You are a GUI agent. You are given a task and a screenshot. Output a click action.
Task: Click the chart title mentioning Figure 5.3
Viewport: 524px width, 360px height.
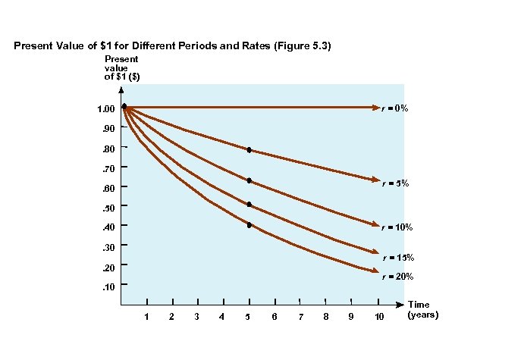click(x=173, y=46)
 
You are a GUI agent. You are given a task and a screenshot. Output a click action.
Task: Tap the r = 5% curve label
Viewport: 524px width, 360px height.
click(x=395, y=183)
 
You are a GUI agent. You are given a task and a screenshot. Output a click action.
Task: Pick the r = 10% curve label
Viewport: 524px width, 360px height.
click(x=397, y=227)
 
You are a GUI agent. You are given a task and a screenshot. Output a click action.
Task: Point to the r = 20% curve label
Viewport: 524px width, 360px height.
click(x=398, y=277)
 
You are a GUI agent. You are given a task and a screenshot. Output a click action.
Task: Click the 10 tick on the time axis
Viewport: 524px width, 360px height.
click(x=379, y=315)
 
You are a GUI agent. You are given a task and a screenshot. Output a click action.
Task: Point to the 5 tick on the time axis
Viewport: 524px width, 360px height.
click(x=249, y=315)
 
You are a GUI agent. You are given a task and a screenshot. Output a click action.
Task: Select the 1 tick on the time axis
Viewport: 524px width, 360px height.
click(x=146, y=315)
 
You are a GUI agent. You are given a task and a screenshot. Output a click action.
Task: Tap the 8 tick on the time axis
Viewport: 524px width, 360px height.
click(x=325, y=315)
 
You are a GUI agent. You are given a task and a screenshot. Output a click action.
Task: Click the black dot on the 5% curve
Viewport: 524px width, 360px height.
click(x=249, y=150)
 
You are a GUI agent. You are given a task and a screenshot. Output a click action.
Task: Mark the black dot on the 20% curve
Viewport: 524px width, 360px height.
click(x=249, y=225)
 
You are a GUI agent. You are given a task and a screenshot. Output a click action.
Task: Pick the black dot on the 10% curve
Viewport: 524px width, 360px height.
click(x=249, y=180)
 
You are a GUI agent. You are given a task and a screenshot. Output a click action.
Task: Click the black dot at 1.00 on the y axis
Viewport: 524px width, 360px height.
click(x=124, y=107)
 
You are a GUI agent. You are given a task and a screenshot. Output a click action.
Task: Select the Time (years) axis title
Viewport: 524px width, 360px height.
click(x=422, y=308)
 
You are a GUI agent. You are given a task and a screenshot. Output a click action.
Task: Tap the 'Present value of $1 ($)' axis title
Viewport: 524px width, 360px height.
click(x=121, y=67)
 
